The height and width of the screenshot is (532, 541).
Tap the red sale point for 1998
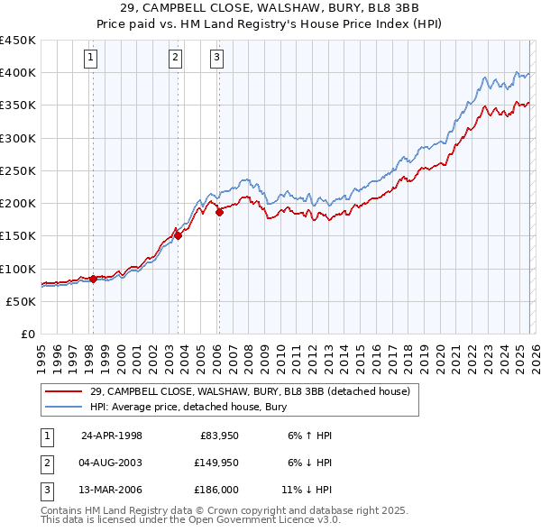pyautogui.click(x=93, y=280)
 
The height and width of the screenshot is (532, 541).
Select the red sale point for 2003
pyautogui.click(x=178, y=236)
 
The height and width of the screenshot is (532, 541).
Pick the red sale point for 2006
pyautogui.click(x=219, y=213)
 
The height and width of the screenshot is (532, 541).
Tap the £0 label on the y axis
pyautogui.click(x=27, y=334)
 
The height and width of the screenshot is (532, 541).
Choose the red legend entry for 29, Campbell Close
pyautogui.click(x=250, y=391)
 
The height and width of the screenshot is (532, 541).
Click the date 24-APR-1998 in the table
pyautogui.click(x=112, y=436)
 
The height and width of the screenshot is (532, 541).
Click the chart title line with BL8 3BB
pyautogui.click(x=270, y=8)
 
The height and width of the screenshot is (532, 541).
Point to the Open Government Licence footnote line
pyautogui.click(x=190, y=521)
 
